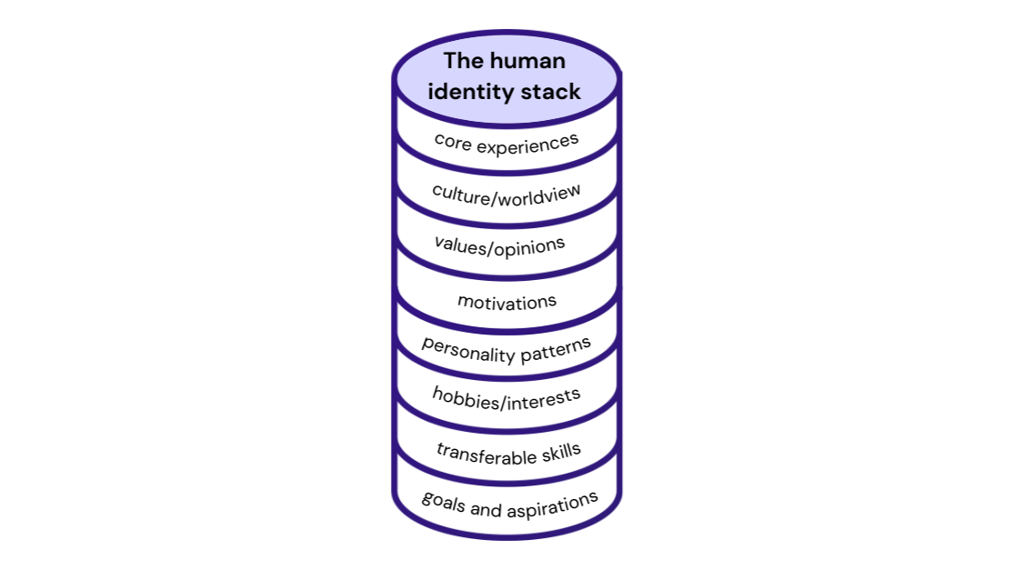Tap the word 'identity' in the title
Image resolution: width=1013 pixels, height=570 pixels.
[471, 92]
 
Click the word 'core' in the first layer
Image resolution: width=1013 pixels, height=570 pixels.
[452, 140]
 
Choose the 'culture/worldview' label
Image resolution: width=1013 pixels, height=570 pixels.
[506, 195]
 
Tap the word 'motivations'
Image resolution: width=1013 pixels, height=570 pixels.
[506, 301]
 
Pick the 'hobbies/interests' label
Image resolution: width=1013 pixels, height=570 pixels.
[506, 398]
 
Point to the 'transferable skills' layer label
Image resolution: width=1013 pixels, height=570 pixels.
[507, 452]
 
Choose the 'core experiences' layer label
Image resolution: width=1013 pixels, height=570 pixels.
[506, 142]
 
